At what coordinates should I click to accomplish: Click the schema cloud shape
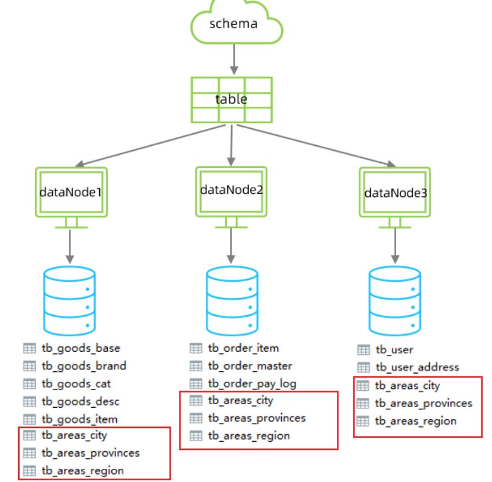click(x=236, y=25)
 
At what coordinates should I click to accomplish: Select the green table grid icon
click(x=232, y=100)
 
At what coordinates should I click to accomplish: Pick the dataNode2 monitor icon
click(x=232, y=193)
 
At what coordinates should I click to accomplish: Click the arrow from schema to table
click(x=234, y=59)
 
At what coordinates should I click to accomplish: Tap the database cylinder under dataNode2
click(x=231, y=298)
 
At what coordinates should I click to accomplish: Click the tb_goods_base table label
click(x=80, y=348)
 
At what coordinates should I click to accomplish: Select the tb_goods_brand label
click(x=84, y=366)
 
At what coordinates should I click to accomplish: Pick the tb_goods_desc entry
click(x=80, y=401)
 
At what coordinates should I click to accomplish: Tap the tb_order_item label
click(x=243, y=348)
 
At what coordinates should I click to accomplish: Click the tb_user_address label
click(x=417, y=367)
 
